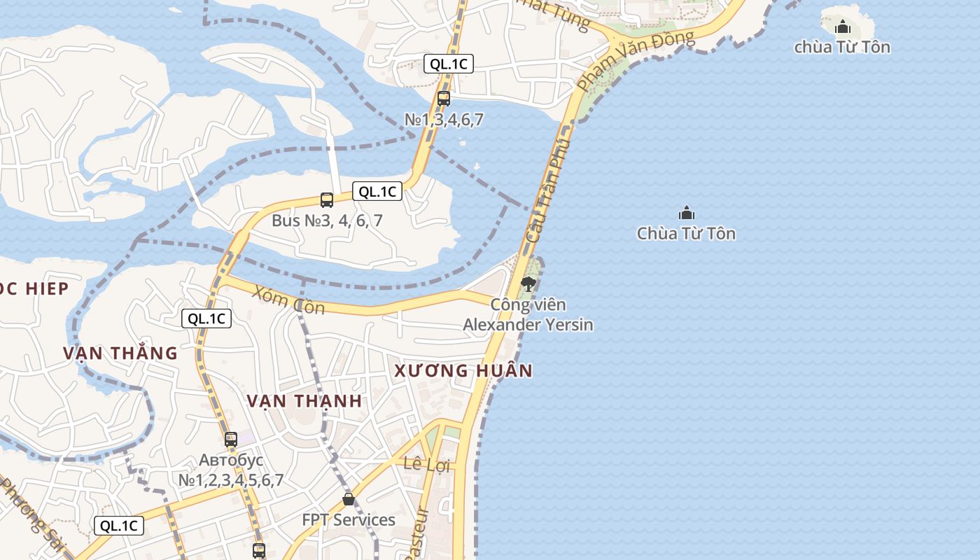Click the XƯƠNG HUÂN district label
tap(463, 370)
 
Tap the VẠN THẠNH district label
tap(304, 401)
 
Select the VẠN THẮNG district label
tap(120, 353)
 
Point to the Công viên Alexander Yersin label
tap(528, 315)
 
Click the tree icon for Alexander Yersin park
tap(528, 283)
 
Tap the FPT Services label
tap(349, 520)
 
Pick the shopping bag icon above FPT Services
tap(349, 499)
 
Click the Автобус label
tap(231, 460)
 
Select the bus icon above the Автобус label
tap(231, 440)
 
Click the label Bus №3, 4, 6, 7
tap(327, 220)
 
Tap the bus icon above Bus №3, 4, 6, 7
tap(327, 200)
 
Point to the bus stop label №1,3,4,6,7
tap(444, 120)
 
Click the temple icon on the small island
tap(843, 27)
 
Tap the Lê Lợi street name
tap(426, 464)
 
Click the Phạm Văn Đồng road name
tap(636, 60)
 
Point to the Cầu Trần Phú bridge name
tap(548, 190)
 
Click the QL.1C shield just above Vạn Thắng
tap(206, 318)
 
